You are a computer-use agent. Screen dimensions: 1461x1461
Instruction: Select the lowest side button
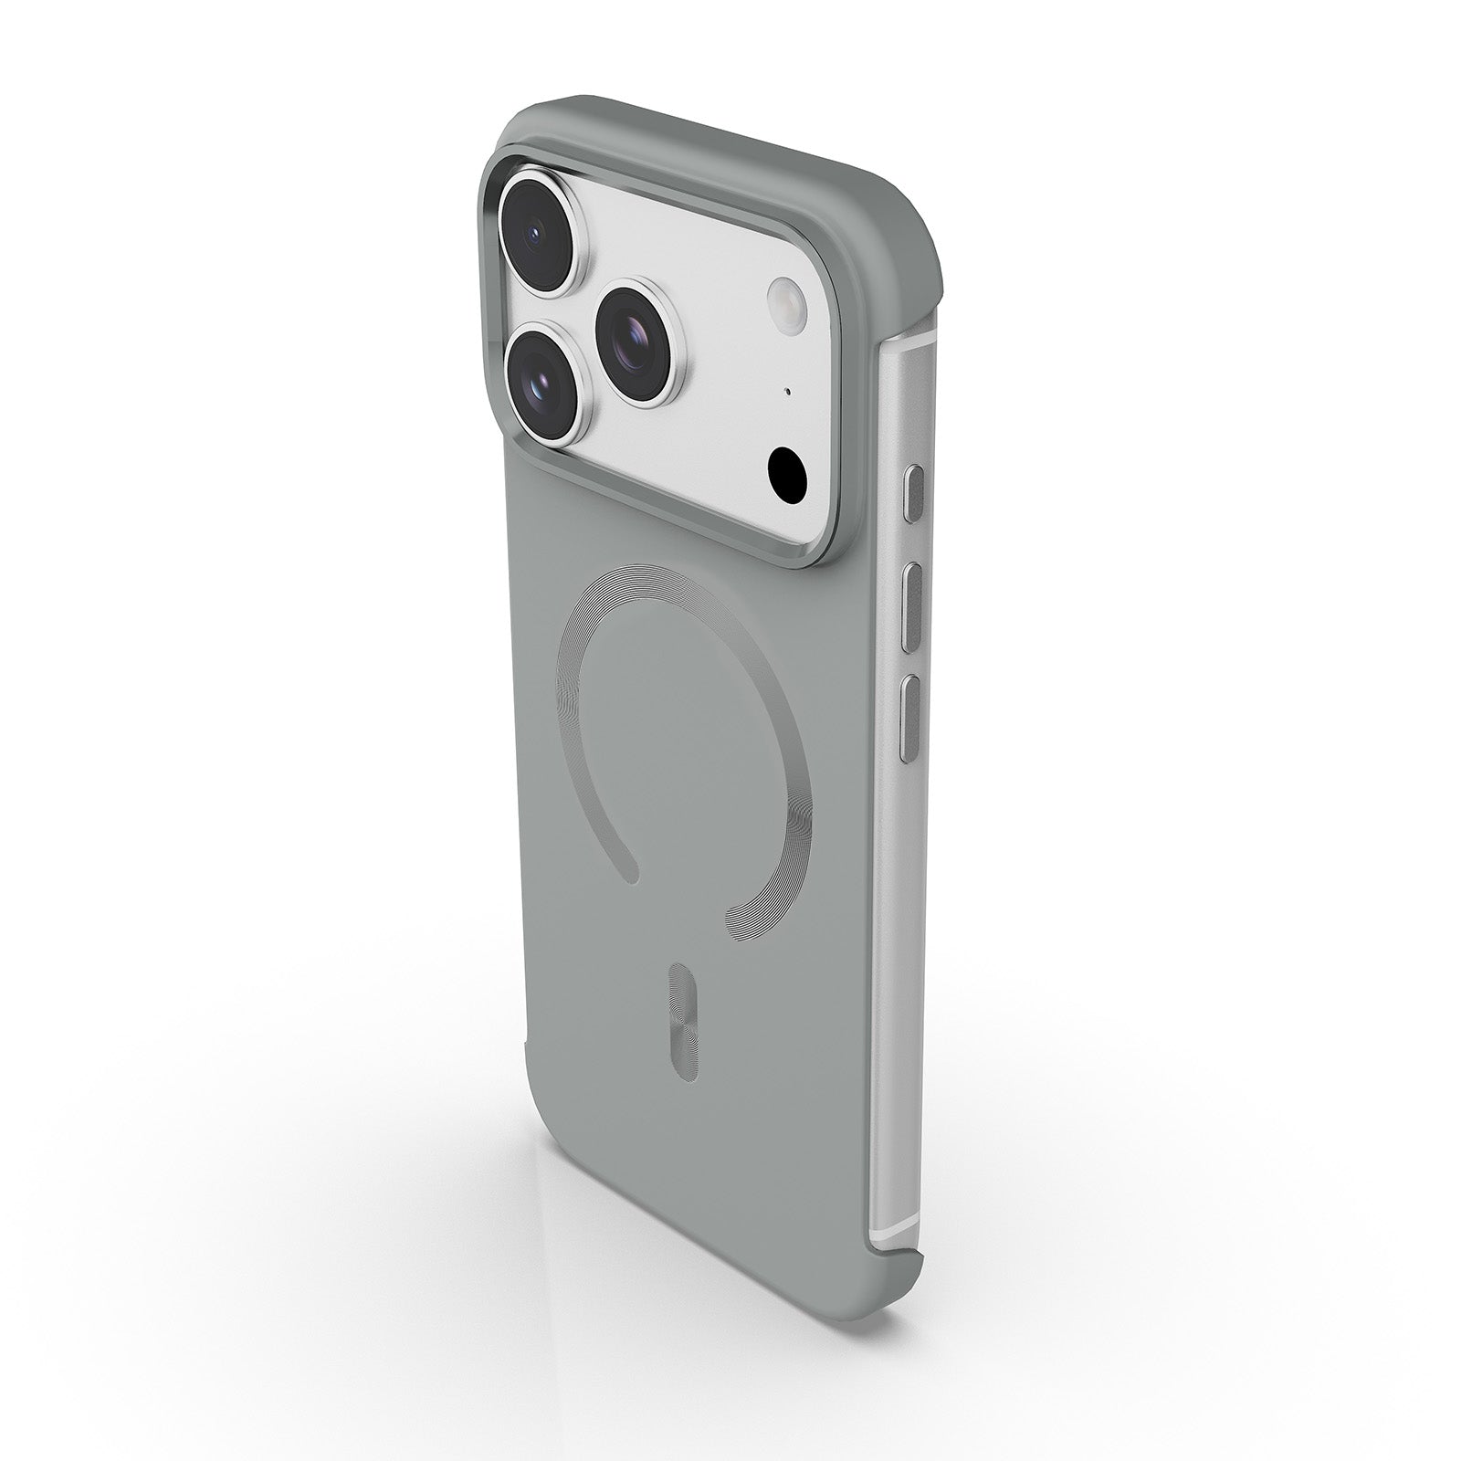[906, 719]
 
